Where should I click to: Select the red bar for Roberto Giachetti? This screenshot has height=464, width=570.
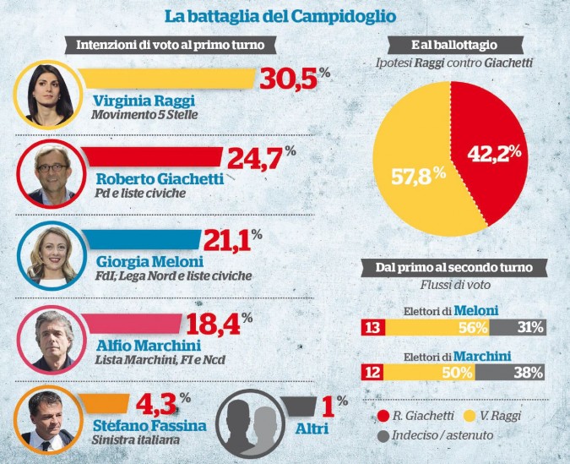click(x=152, y=157)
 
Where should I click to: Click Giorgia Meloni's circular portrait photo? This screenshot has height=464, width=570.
click(x=47, y=254)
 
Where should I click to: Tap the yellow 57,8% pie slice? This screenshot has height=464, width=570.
click(x=414, y=177)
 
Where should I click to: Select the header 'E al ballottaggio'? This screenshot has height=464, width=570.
click(x=453, y=44)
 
